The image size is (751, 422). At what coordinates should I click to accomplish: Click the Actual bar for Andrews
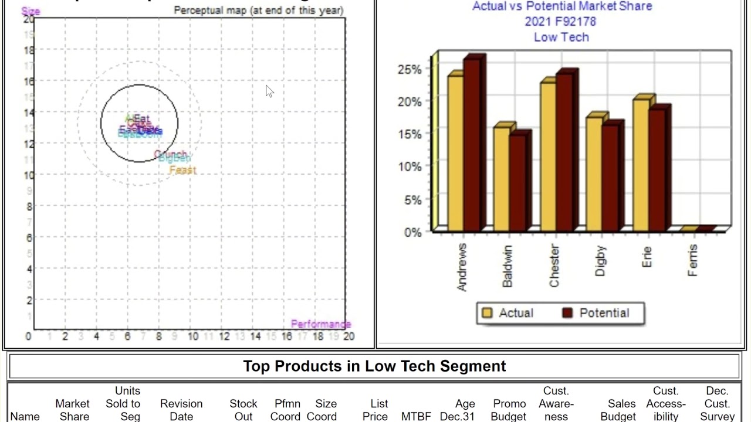click(455, 152)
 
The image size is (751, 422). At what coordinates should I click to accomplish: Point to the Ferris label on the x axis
click(692, 261)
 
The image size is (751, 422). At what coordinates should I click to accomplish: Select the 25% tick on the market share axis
click(410, 69)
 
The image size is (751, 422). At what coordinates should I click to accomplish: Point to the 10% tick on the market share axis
click(410, 167)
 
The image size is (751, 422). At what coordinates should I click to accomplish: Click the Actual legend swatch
click(487, 313)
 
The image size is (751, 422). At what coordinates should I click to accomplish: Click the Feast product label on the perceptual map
click(182, 171)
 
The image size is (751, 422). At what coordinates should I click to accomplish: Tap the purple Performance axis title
click(321, 324)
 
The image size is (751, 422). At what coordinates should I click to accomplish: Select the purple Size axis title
click(31, 11)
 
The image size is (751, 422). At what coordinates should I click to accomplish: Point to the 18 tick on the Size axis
click(29, 50)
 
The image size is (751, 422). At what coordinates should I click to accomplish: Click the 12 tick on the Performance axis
click(224, 336)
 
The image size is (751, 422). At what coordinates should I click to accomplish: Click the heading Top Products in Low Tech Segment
click(374, 366)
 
